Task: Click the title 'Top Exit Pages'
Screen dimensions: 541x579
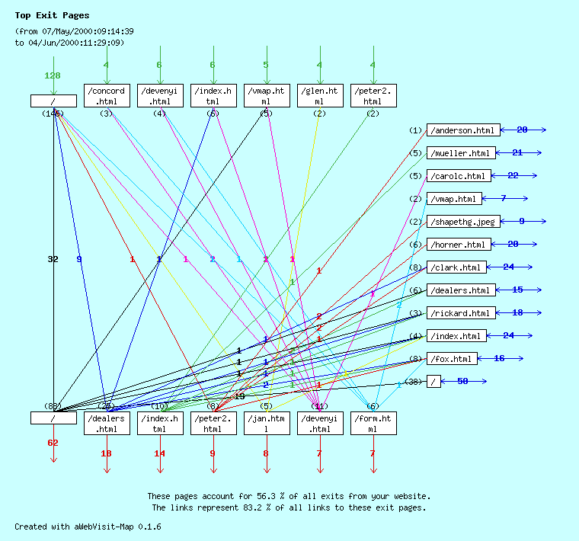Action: pos(52,15)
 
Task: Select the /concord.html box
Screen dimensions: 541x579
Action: pos(107,96)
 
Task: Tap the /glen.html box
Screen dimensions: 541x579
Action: pos(320,96)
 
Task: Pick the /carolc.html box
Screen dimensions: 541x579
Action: pos(458,176)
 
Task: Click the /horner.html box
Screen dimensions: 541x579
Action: pos(458,245)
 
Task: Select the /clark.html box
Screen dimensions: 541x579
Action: pos(456,267)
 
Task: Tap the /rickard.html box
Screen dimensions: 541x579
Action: pos(460,313)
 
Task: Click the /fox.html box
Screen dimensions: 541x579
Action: pos(453,359)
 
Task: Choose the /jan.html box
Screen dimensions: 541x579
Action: pos(267,423)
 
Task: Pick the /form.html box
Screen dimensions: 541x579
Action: pos(373,423)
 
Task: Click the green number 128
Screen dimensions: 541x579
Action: pos(53,75)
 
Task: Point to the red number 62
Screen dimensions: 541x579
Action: pos(53,443)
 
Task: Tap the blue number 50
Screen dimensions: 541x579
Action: pos(462,381)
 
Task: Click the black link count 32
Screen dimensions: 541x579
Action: pos(53,260)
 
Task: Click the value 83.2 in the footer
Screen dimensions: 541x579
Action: pos(261,507)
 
